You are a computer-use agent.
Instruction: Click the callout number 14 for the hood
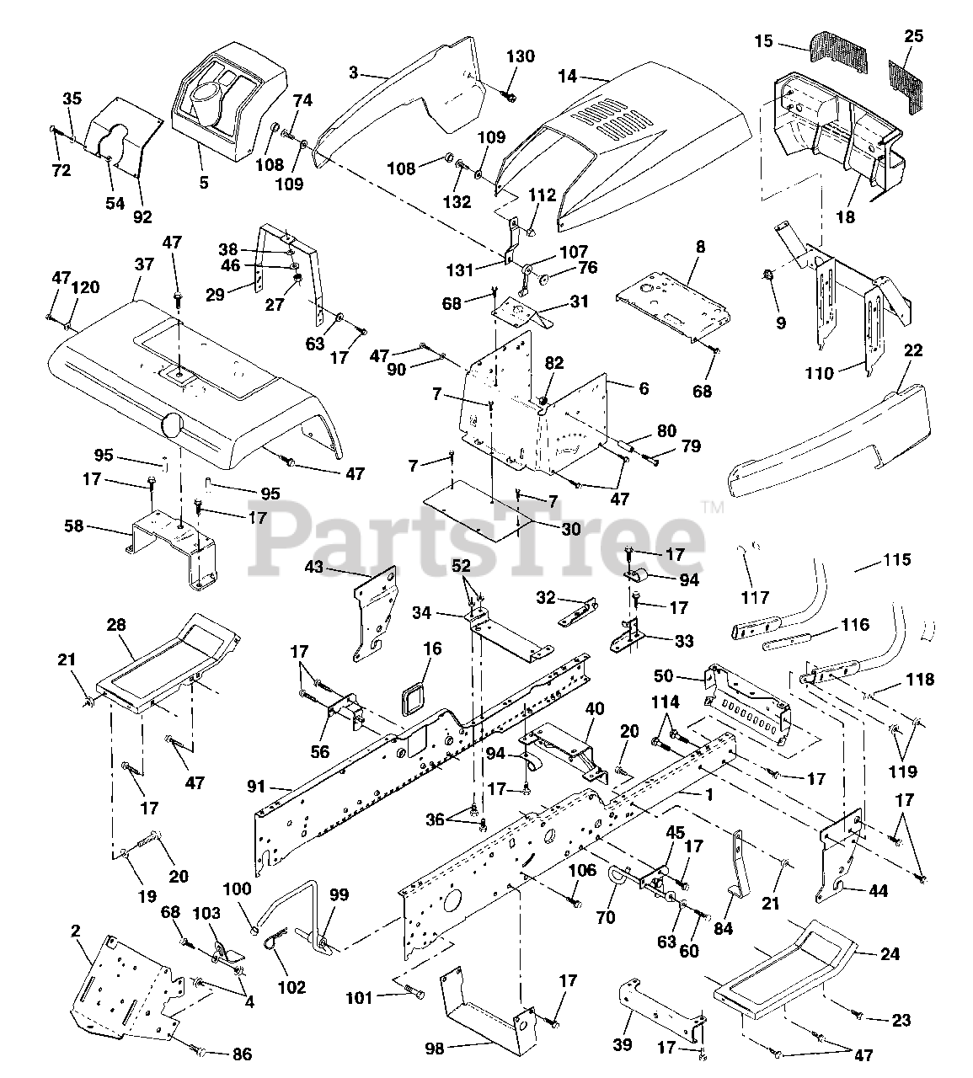(x=567, y=77)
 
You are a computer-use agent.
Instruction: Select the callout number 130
(x=521, y=56)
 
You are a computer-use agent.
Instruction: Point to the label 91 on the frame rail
(x=256, y=787)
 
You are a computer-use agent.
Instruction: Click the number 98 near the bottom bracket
(x=435, y=1048)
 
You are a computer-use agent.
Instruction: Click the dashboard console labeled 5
(x=228, y=102)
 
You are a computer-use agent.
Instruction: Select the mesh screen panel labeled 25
(x=906, y=87)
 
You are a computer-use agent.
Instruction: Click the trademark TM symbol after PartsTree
(x=713, y=506)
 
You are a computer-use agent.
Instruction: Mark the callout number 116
(x=855, y=624)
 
